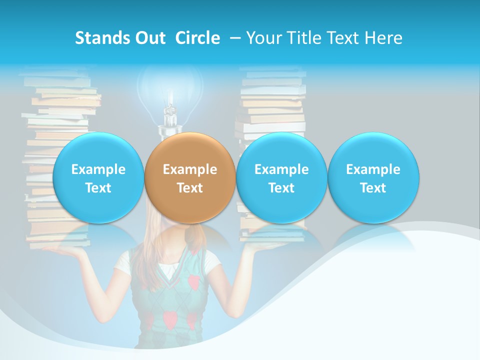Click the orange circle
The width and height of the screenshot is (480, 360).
pos(189,177)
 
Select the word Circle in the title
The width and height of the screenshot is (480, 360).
pos(197,38)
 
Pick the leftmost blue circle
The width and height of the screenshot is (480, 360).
pos(98,177)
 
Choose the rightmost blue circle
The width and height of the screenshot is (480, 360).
pos(373,177)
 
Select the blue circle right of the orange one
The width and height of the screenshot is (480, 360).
pos(281,177)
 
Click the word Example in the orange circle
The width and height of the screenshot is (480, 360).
pos(190,169)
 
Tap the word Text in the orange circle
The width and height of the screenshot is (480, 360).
pos(190,188)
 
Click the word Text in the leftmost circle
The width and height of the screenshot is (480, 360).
pos(98,188)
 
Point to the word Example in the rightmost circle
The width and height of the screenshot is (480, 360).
pos(373,169)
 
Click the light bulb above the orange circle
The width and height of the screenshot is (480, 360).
pos(170,95)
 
